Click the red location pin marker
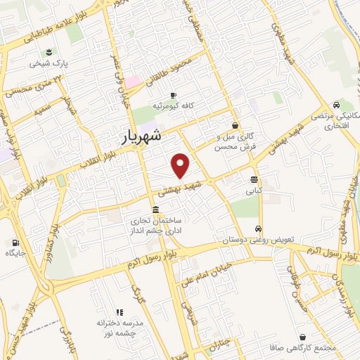tap(181, 165)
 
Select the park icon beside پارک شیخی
tap(49, 53)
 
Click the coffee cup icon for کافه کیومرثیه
tap(174, 96)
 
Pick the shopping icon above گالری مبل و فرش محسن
tap(234, 125)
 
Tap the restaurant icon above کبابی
tap(252, 179)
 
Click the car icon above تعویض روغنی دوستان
tap(258, 229)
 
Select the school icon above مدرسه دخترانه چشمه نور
tap(119, 312)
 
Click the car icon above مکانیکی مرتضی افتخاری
tap(335, 106)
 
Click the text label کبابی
tap(253, 190)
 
